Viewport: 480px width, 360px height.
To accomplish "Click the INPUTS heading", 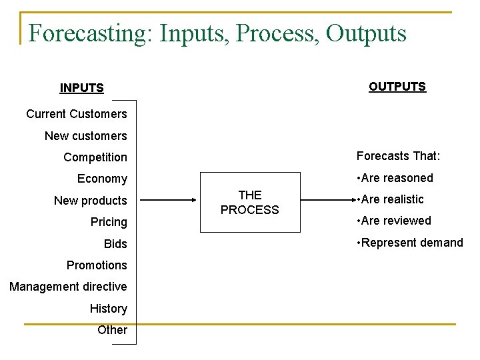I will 81,88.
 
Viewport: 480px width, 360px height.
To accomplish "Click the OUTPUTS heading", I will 397,87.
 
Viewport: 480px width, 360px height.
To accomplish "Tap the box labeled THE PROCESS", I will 250,203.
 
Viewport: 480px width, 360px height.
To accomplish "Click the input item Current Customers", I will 76,114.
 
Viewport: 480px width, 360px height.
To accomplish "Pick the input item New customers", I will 85,136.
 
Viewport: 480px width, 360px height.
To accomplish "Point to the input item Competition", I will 95,157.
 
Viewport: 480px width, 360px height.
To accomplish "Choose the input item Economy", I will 102,179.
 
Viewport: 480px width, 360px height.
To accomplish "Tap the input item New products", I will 90,201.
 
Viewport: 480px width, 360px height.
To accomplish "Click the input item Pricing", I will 109,222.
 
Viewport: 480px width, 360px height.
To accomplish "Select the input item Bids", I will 115,244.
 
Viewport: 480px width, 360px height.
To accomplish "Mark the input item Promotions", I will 97,265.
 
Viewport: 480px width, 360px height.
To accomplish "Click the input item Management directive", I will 68,287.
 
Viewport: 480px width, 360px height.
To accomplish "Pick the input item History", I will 109,309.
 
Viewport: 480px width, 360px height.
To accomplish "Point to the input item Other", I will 112,330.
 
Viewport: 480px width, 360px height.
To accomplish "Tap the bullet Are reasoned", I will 395,178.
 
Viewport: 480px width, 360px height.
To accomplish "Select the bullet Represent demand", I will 409,243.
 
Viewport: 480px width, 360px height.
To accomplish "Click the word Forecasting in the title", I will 90,33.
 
